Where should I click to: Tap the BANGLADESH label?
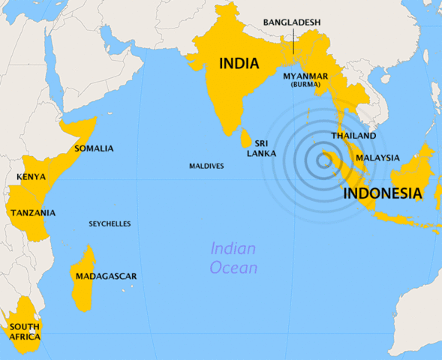click(291, 22)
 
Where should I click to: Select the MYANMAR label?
click(305, 76)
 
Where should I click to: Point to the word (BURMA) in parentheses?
click(305, 85)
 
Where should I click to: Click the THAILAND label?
click(353, 136)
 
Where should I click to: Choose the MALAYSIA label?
click(377, 157)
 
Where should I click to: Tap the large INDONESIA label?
click(382, 193)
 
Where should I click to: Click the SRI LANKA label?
click(262, 148)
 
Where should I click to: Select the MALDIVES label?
click(206, 166)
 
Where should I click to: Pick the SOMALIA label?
click(94, 148)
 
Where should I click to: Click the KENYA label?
click(31, 177)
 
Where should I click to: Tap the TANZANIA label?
click(32, 213)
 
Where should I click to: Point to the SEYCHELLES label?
click(110, 223)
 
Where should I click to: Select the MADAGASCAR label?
click(106, 276)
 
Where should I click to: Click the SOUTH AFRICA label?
click(25, 331)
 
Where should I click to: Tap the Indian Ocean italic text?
click(233, 258)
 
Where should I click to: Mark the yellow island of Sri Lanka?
click(245, 139)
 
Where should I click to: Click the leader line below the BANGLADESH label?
click(293, 42)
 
